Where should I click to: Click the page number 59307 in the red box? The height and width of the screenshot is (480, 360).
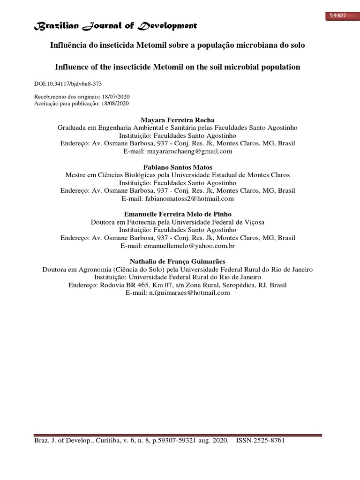[x=337, y=15]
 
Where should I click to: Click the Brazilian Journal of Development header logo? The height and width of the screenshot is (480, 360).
[x=115, y=26]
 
